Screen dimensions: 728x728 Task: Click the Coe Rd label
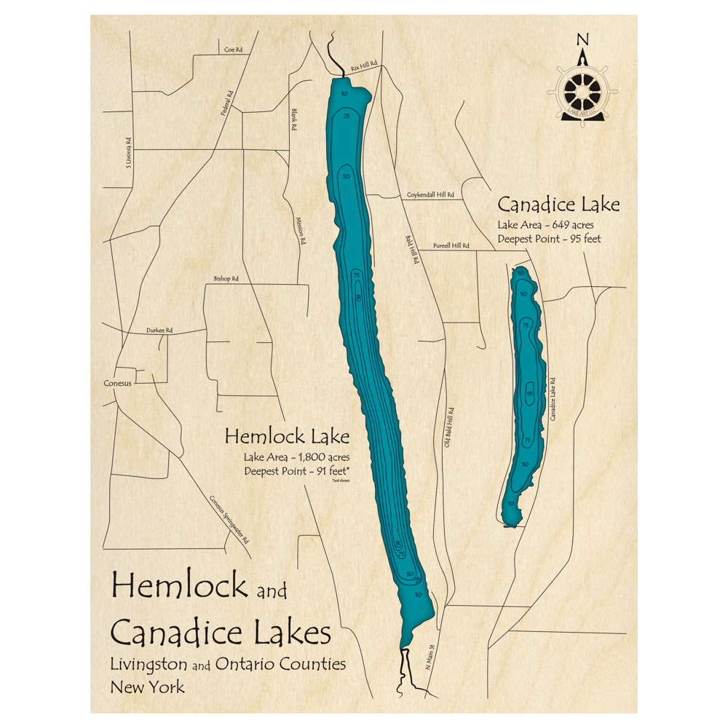pyautogui.click(x=233, y=50)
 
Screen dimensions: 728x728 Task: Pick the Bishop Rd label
pyautogui.click(x=226, y=279)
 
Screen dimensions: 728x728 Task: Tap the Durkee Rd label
pyautogui.click(x=159, y=331)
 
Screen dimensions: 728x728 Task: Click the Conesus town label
pyautogui.click(x=117, y=383)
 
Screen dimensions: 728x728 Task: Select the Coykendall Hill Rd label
pyautogui.click(x=430, y=195)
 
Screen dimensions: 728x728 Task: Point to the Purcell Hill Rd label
pyautogui.click(x=450, y=247)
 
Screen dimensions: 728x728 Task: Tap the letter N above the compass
pyautogui.click(x=581, y=39)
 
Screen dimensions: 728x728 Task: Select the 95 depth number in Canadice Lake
pyautogui.click(x=529, y=394)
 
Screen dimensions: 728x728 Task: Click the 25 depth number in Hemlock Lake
pyautogui.click(x=347, y=116)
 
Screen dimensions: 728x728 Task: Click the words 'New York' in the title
pyautogui.click(x=148, y=686)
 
